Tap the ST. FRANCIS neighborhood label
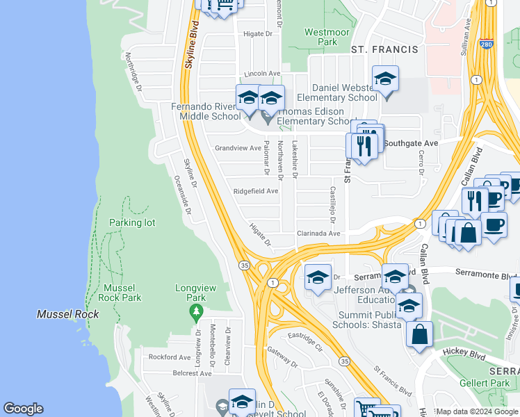384,49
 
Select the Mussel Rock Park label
122,293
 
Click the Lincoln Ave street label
262,74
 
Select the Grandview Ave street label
236,148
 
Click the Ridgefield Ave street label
256,191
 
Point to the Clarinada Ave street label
318,234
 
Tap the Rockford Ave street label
170,357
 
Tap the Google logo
24,409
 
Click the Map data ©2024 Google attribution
477,411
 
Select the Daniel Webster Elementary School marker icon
385,80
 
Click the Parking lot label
132,222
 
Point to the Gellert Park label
485,383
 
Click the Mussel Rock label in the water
67,314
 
